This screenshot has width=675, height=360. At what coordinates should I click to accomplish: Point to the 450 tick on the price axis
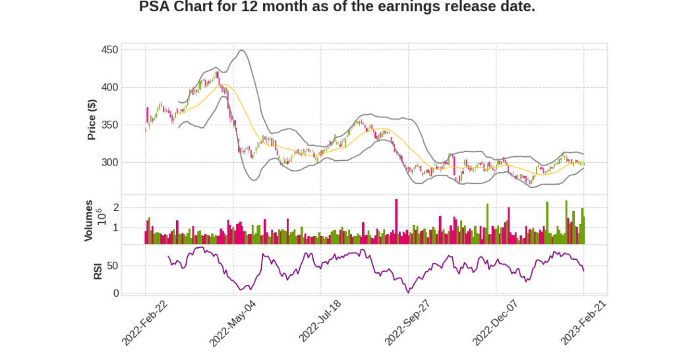pos(110,50)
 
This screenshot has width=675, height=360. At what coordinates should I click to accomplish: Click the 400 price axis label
pos(110,88)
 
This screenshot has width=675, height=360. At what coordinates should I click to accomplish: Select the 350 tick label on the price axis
pos(110,125)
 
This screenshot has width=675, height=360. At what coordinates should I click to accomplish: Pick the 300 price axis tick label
pos(110,163)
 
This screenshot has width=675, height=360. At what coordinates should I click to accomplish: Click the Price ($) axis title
pos(92,119)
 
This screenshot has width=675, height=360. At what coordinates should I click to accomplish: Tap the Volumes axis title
pos(88,220)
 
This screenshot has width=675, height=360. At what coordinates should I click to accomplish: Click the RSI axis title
pos(98,270)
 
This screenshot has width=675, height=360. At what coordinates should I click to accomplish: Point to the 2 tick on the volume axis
pos(115,207)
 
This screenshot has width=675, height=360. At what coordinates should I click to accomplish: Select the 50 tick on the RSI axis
pos(113,266)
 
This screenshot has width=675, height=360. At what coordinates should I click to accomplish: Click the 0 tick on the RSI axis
pos(115,293)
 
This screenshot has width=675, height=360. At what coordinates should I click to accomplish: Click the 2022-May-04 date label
pos(232,322)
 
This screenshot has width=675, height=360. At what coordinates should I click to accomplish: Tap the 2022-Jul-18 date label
pos(320,322)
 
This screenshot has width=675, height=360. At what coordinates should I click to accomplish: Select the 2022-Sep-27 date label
pos(407,322)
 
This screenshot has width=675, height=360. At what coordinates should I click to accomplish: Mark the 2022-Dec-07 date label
pos(495,322)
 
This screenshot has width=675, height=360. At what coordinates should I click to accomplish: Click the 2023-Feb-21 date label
pos(583,322)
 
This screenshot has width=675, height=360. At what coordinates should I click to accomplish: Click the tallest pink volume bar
pos(396,222)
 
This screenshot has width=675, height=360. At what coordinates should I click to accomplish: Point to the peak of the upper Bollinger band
pos(242,50)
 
